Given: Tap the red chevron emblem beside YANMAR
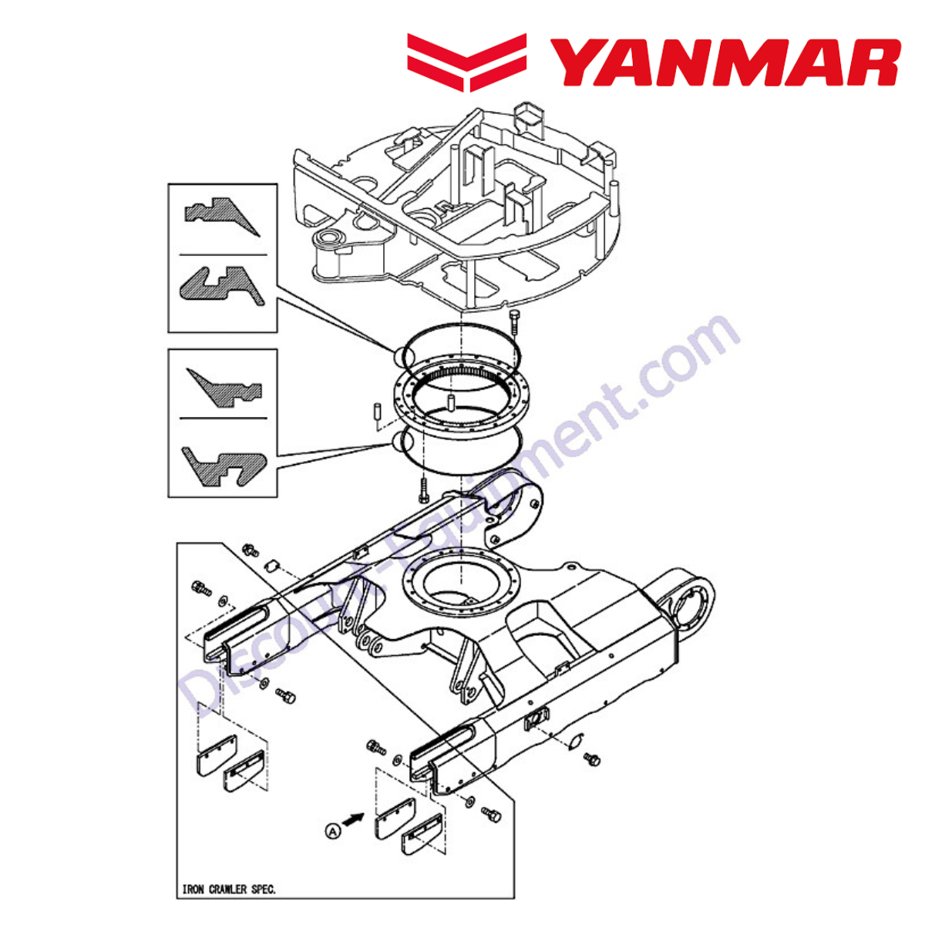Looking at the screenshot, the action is coord(466,62).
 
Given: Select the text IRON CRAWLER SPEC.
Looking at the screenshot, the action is coord(229,890).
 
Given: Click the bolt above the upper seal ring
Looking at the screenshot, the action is coord(514,323).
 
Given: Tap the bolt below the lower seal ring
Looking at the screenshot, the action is coord(423,490).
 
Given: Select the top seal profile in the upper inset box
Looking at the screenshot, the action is coord(221,216).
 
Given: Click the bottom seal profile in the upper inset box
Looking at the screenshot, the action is coord(221,286).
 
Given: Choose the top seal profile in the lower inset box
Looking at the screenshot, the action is coord(224,388).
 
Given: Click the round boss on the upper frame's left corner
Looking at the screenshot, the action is coord(330,237).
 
